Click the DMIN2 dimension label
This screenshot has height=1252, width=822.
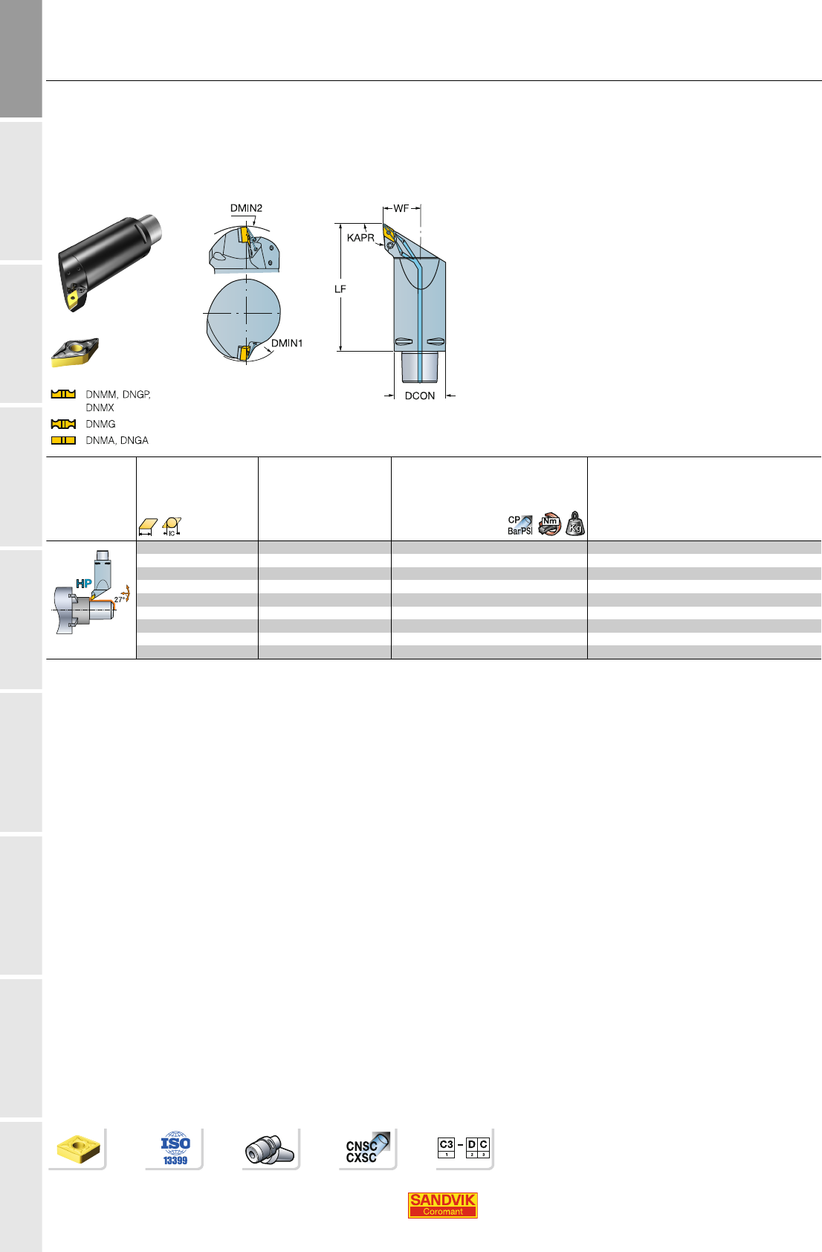click(246, 208)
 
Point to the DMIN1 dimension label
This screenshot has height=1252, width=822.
click(287, 343)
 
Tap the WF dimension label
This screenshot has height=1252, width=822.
click(401, 208)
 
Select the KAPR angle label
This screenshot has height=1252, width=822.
click(360, 238)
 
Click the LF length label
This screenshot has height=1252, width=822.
click(340, 289)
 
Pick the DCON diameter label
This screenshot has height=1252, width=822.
click(420, 396)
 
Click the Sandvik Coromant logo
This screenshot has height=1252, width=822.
click(442, 1205)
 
